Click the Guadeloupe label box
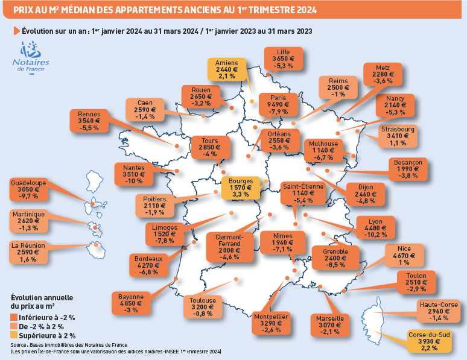(x=27, y=189)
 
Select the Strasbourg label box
(x=398, y=136)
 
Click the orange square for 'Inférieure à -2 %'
(x=14, y=317)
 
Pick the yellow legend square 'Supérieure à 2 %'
(x=14, y=335)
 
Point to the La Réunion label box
(x=28, y=252)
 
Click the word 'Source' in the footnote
(x=19, y=344)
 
